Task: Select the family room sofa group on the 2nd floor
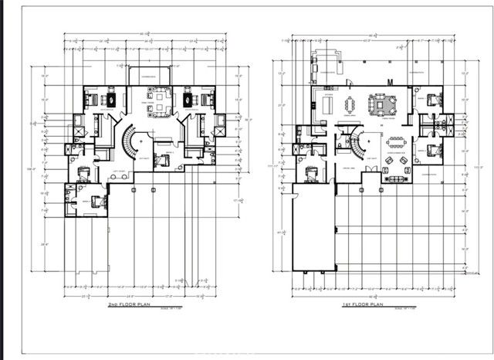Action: coord(161,102)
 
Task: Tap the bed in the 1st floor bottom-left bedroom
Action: coord(312,172)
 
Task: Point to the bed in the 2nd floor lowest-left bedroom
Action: coord(96,202)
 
